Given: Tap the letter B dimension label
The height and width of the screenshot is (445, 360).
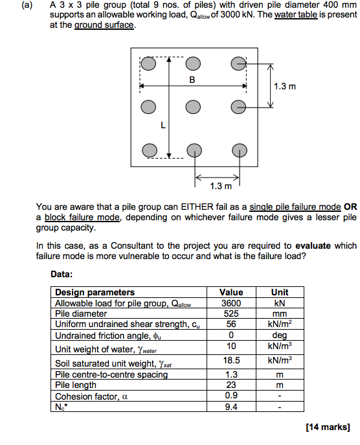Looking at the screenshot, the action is tap(192, 80).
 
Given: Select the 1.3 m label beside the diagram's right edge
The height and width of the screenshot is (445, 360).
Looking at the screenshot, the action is tap(285, 86).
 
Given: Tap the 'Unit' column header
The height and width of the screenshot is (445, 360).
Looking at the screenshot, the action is tap(280, 292).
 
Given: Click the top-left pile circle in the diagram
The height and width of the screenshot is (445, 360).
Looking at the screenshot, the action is tap(149, 65).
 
